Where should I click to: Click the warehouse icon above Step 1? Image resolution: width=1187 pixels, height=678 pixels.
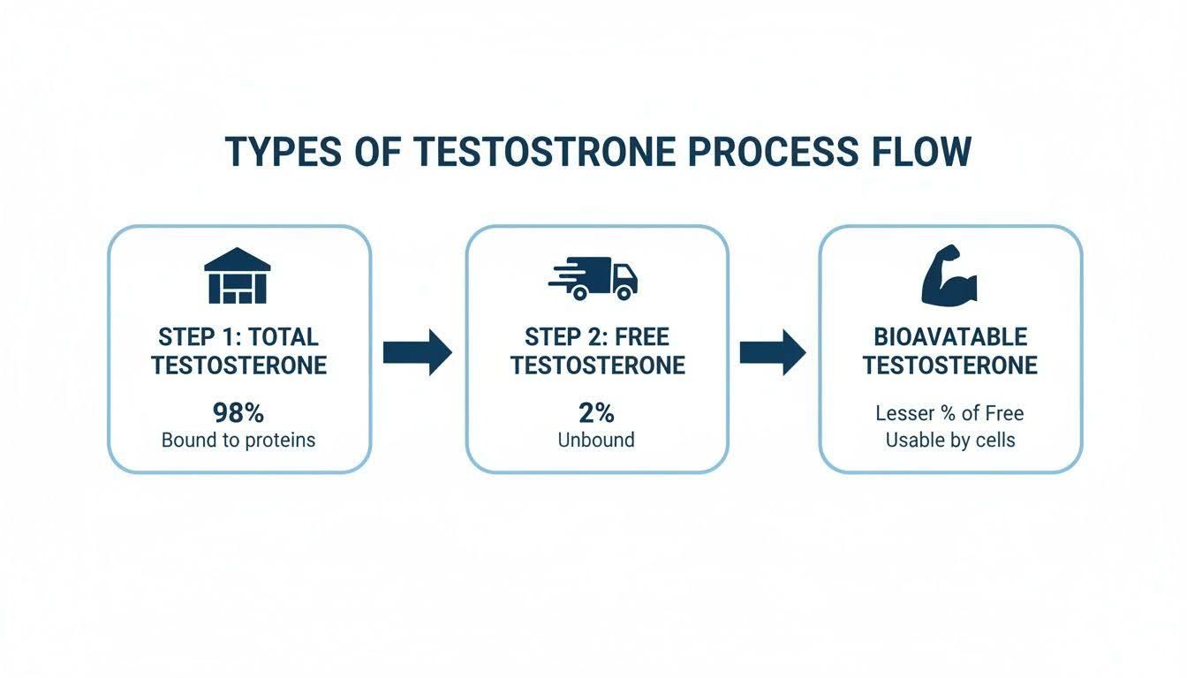[238, 275]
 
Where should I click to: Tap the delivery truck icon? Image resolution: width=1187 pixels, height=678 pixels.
[593, 279]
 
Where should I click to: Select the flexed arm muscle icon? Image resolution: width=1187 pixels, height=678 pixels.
[949, 275]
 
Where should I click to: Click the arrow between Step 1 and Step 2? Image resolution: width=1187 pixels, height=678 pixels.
[418, 352]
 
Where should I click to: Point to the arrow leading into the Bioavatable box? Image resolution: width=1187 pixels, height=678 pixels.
[773, 352]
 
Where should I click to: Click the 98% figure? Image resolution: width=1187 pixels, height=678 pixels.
[238, 413]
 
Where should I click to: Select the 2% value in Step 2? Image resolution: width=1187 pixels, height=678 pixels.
[596, 413]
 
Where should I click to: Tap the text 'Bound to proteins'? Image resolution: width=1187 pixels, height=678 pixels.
[238, 441]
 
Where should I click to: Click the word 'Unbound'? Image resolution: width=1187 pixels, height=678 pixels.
[596, 440]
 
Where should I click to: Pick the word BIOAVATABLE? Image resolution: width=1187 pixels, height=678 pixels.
[950, 337]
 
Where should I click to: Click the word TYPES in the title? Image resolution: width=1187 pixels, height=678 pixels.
[284, 152]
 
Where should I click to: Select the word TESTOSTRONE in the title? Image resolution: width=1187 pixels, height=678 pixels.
[544, 152]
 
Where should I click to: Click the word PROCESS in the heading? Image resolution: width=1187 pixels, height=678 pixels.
[773, 152]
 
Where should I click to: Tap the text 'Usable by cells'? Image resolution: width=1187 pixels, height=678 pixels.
[950, 441]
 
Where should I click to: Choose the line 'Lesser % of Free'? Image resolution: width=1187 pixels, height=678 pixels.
[949, 413]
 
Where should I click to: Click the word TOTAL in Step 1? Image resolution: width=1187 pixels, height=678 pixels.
[284, 337]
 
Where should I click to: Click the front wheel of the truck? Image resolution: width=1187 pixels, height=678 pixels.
[624, 292]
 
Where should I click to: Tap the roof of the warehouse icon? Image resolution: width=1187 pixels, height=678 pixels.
[238, 259]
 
